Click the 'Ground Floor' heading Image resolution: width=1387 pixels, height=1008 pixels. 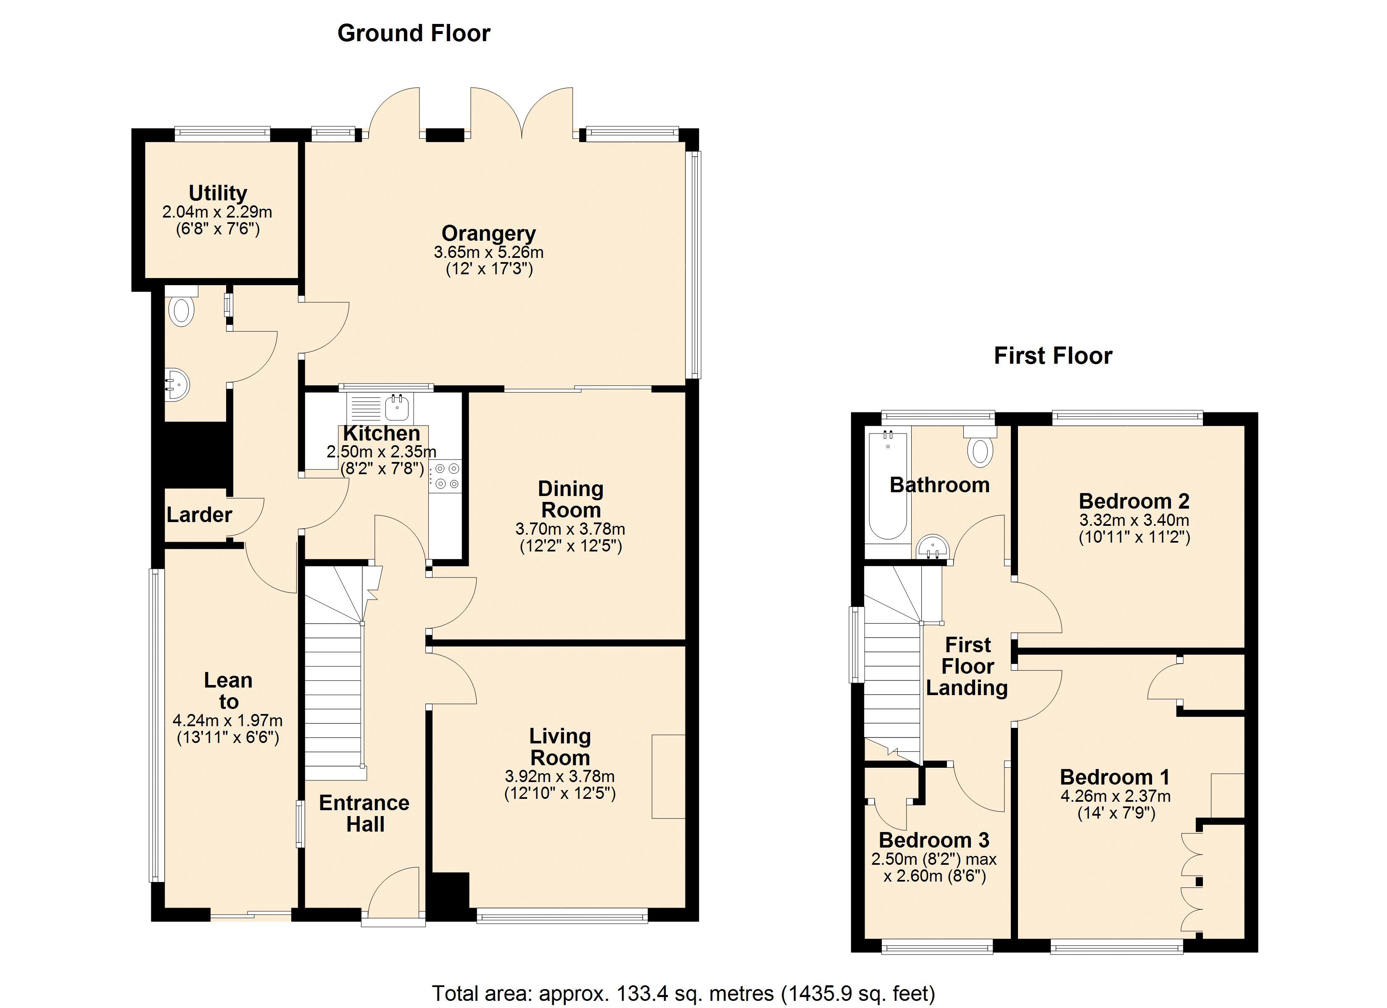coord(414,33)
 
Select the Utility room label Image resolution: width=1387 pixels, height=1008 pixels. coord(218,193)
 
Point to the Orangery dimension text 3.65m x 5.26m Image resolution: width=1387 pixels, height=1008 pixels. coord(489,252)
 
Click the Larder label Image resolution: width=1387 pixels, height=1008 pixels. coord(199,514)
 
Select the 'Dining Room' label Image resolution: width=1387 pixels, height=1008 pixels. coord(571,499)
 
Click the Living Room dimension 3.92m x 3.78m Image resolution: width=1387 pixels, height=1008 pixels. coord(559,776)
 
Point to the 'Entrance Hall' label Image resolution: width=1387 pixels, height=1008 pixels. coord(364,813)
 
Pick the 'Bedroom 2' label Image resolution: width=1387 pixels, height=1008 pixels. coord(1134,501)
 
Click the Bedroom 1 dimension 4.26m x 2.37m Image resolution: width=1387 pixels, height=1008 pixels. coord(1115,796)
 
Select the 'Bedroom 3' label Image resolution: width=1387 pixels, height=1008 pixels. coord(934,840)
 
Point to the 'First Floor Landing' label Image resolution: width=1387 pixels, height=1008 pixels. coord(967,666)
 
